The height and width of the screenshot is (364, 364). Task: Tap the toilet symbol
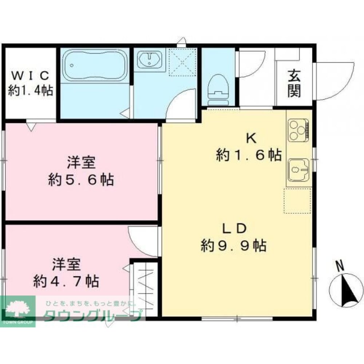[x=218, y=90]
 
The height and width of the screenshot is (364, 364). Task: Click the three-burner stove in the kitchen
[x=298, y=130]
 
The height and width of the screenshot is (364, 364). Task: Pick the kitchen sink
[x=298, y=170]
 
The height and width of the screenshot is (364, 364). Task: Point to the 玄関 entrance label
[x=294, y=84]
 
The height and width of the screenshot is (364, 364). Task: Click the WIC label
[x=31, y=75]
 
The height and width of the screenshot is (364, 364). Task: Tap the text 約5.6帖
[x=81, y=179]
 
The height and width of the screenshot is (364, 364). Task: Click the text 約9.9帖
[x=234, y=245]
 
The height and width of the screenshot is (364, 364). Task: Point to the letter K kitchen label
[x=251, y=139]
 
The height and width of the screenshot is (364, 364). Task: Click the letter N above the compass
[x=340, y=266]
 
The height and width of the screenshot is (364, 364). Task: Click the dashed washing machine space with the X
[x=182, y=62]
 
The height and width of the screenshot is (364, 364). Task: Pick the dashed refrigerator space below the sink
[x=297, y=201]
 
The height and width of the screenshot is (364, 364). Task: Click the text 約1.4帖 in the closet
[x=31, y=90]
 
